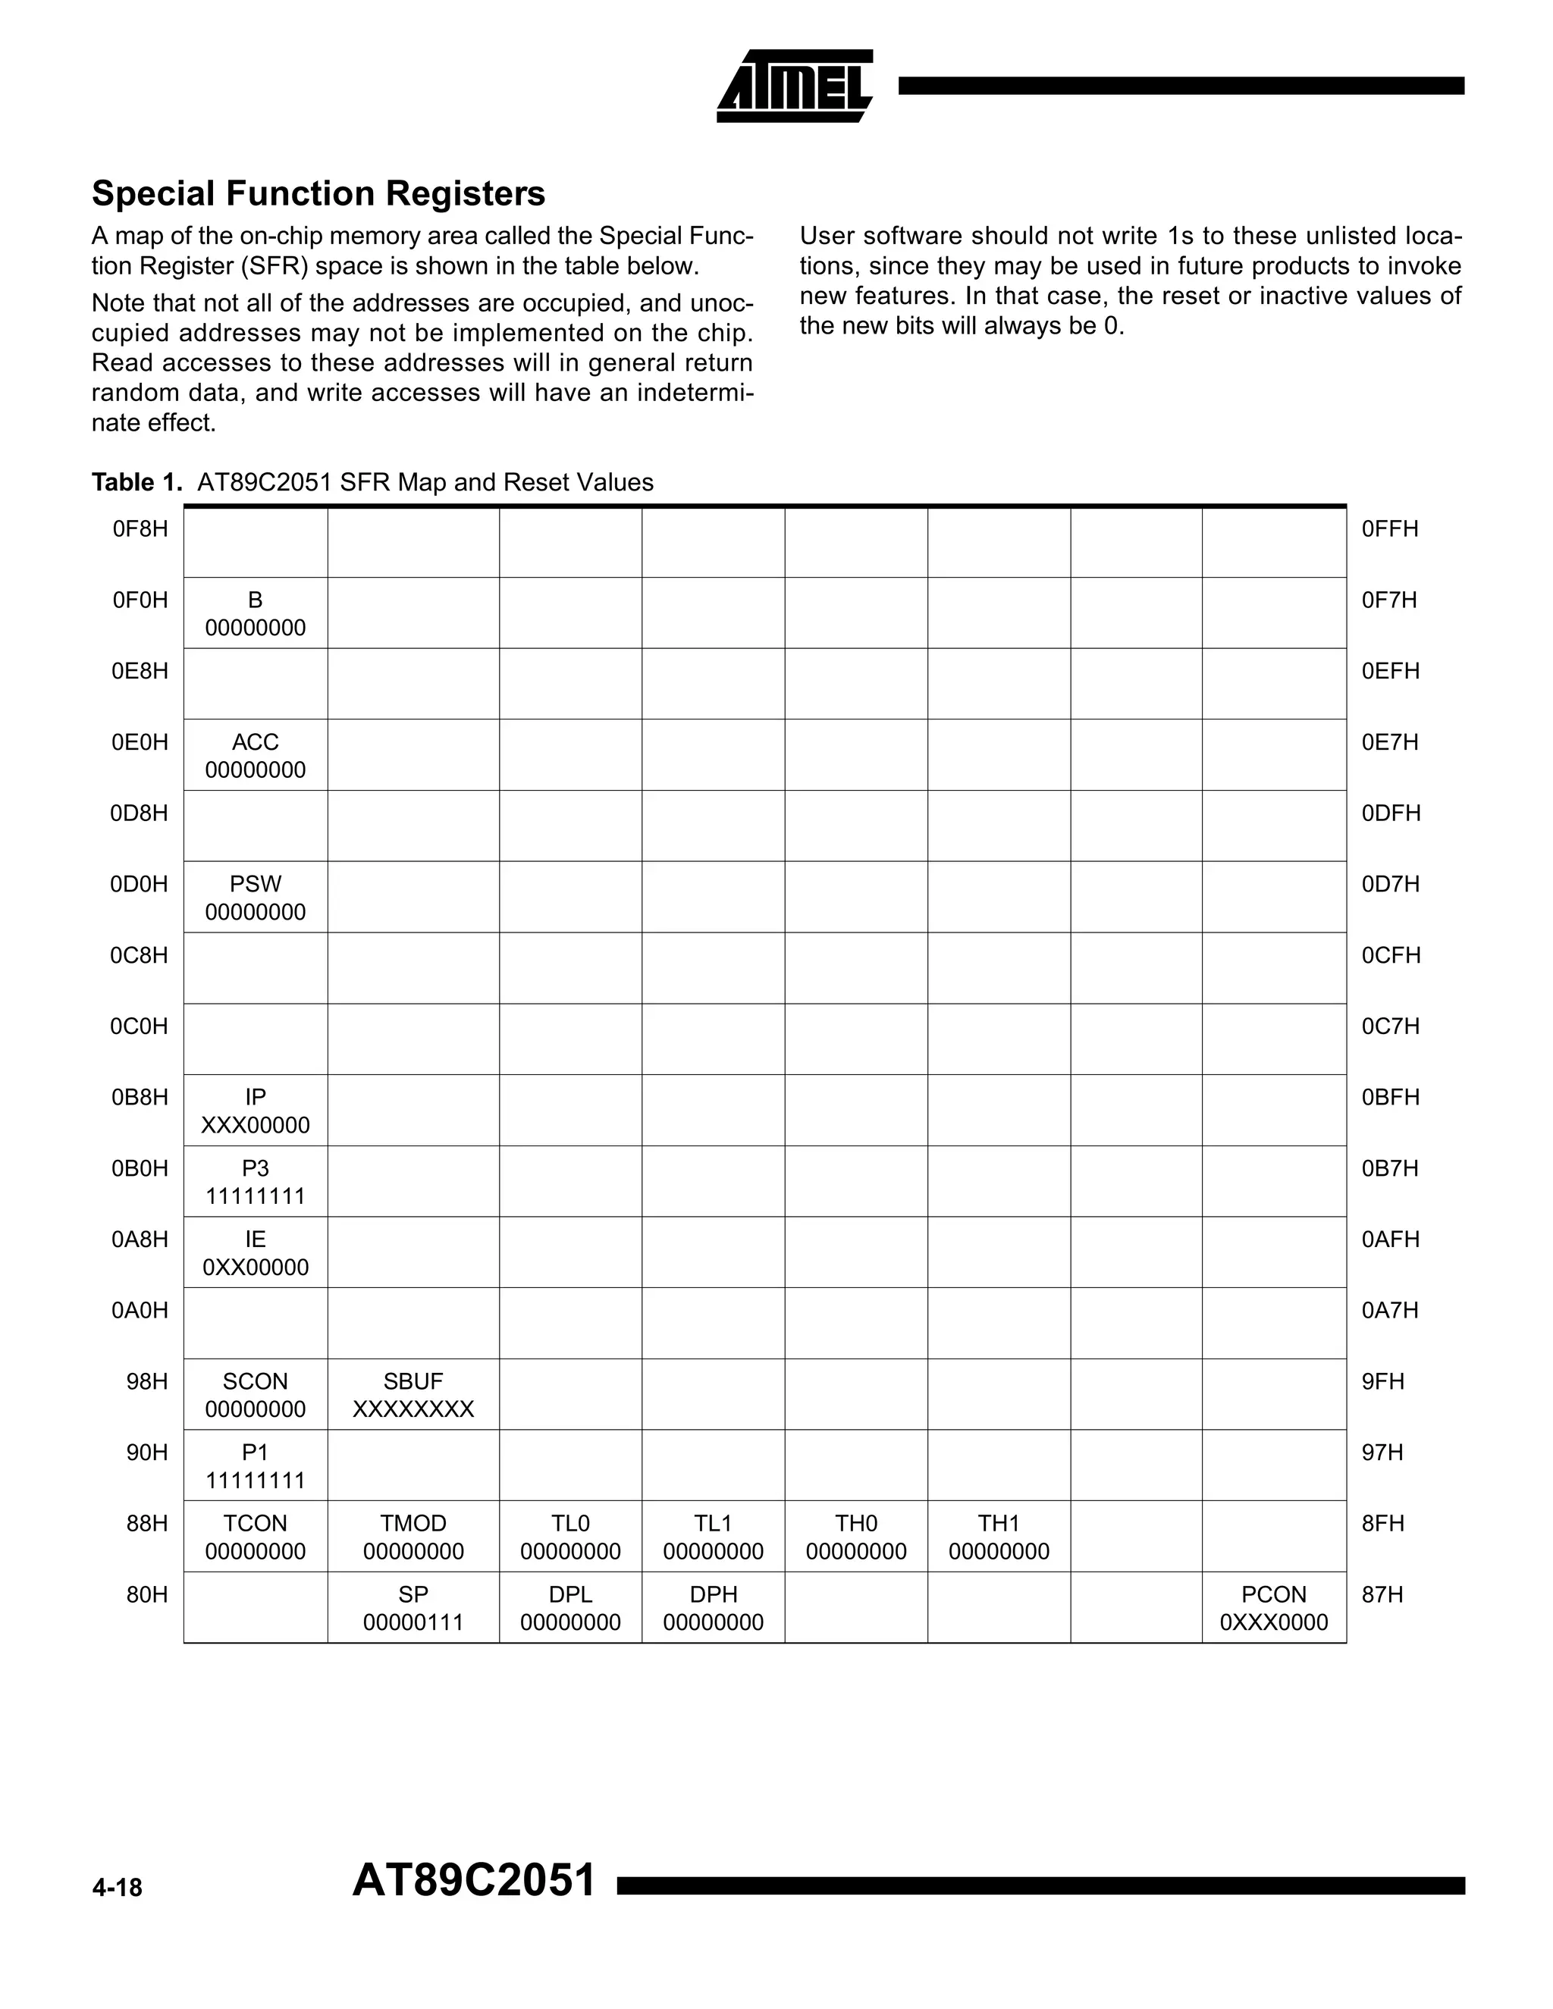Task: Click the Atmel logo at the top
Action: pos(794,86)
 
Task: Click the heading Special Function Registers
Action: pos(318,193)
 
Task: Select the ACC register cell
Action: pos(256,755)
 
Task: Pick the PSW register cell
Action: pos(256,898)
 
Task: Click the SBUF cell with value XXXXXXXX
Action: pos(413,1394)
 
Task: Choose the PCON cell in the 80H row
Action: pos(1273,1608)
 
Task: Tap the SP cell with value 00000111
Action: pos(413,1608)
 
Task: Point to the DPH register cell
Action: pos(713,1608)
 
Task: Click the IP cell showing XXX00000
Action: pos(256,1111)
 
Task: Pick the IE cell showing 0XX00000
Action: pos(256,1253)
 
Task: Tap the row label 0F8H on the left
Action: pos(140,529)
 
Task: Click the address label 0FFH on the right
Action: pos(1389,529)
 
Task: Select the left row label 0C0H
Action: pos(139,1026)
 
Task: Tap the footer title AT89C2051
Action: pos(474,1880)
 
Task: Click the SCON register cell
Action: pos(256,1394)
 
